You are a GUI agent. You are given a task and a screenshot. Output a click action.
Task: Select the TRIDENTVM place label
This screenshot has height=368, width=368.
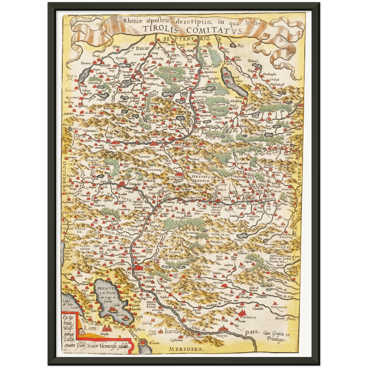(x=139, y=272)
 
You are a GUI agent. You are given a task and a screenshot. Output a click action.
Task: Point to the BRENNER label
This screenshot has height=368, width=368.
(x=201, y=181)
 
